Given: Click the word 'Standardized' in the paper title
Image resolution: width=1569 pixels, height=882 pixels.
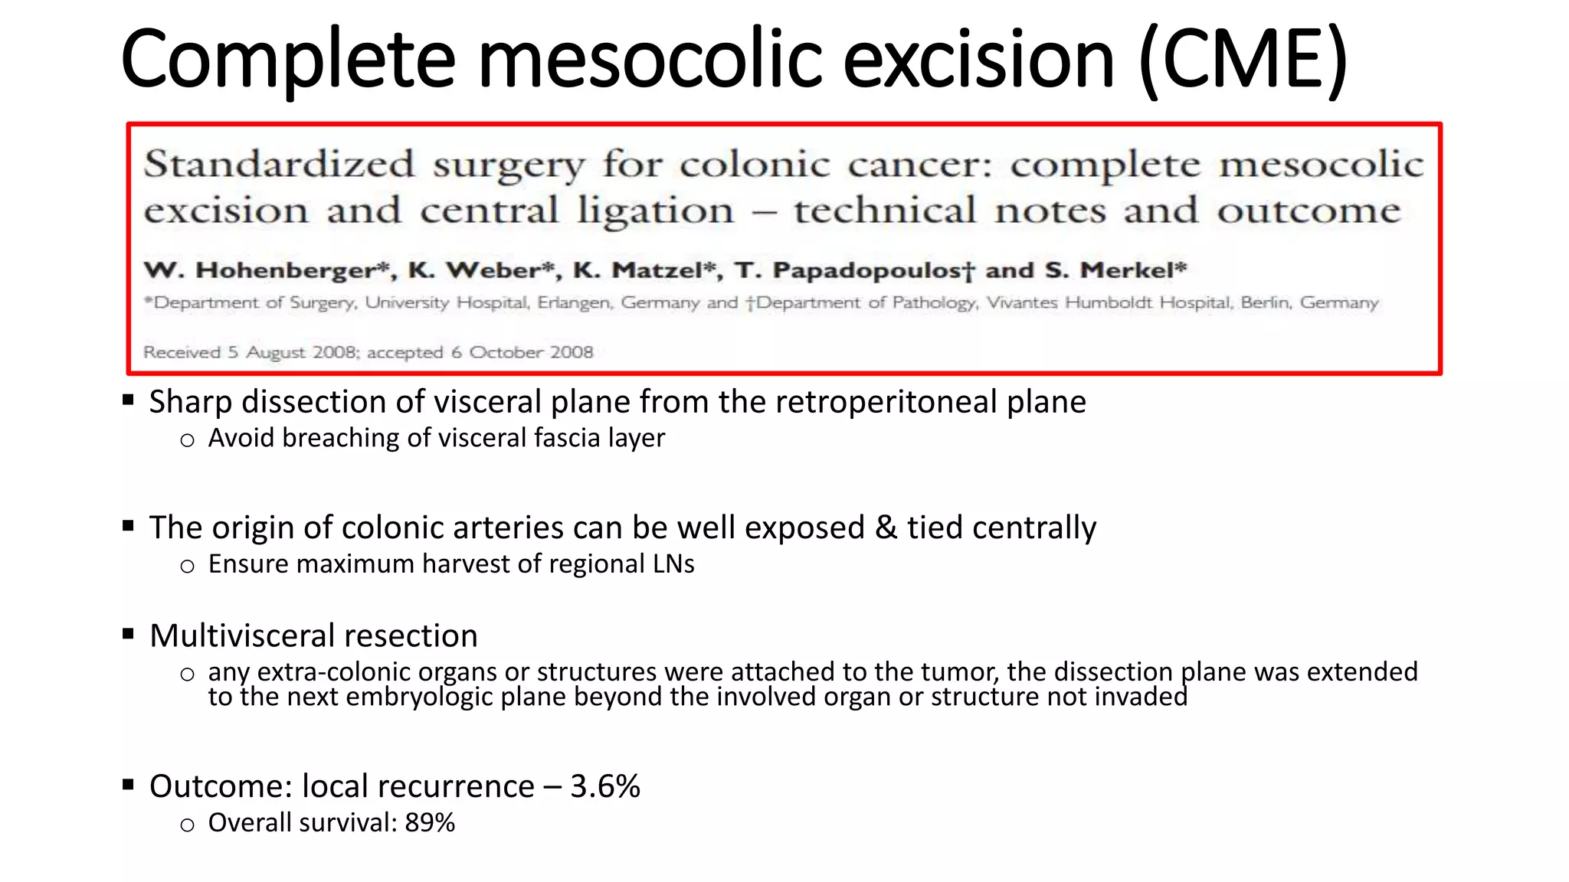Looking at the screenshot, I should click(x=280, y=164).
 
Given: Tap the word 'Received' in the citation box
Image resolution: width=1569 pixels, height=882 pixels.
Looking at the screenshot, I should click(x=182, y=352).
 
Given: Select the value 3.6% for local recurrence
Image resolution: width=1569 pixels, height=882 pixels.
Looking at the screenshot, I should click(x=605, y=786).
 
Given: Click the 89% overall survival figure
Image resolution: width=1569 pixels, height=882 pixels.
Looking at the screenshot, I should click(x=430, y=822).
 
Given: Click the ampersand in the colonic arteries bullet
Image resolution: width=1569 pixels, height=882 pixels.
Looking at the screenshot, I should click(x=886, y=528).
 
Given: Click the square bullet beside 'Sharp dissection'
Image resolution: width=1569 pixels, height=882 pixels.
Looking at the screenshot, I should click(x=128, y=400).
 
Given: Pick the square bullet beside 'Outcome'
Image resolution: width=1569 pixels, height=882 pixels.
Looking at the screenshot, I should click(x=128, y=784).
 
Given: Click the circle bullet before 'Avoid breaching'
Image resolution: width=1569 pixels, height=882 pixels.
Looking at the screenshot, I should click(x=187, y=440).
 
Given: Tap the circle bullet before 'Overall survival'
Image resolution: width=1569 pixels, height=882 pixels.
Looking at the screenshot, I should click(x=187, y=825).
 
